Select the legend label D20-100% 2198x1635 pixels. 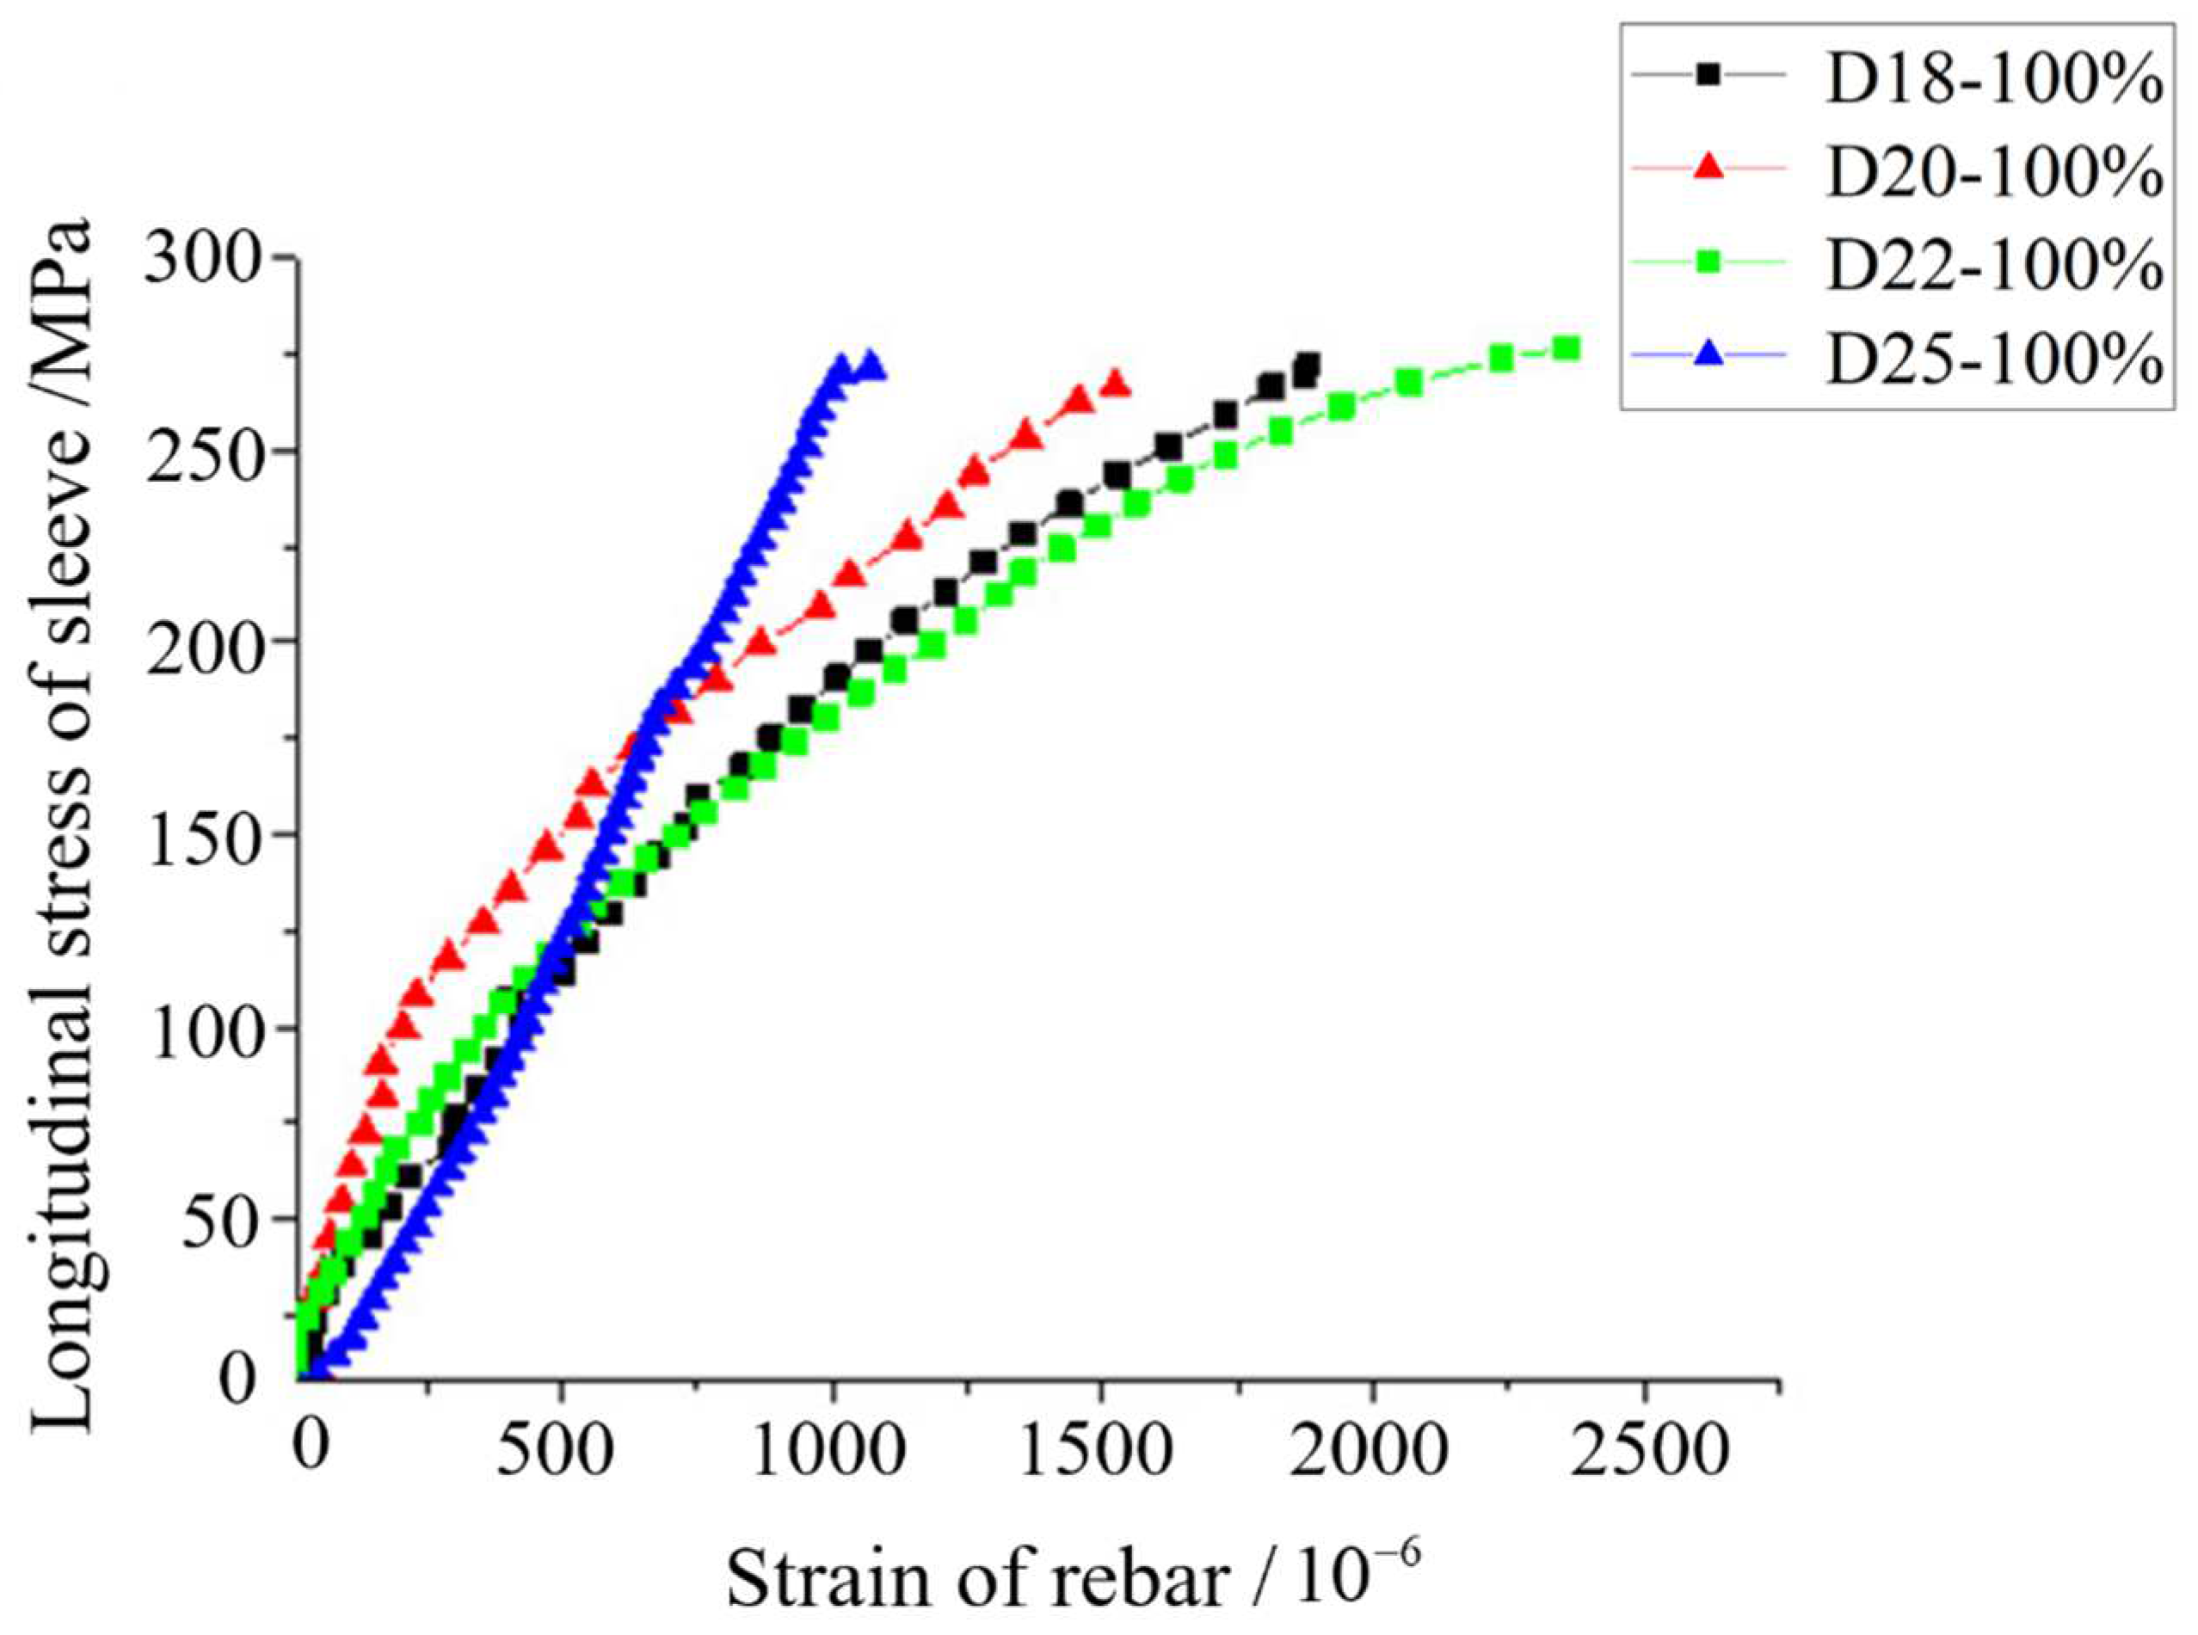click(x=1992, y=172)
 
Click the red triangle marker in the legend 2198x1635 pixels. click(x=1707, y=169)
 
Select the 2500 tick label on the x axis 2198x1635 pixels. click(x=1645, y=1453)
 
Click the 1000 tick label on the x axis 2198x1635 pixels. click(x=834, y=1453)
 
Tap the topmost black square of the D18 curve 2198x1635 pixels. click(x=1308, y=364)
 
